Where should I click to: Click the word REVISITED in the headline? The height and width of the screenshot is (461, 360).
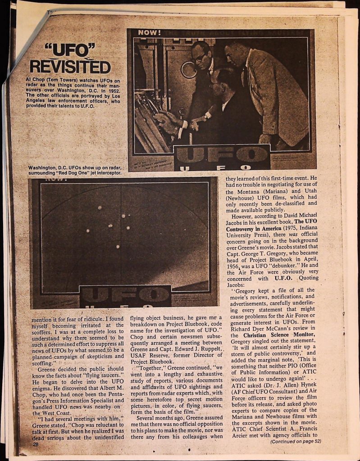pyautogui.click(x=70, y=67)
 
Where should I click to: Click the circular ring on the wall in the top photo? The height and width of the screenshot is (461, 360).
pyautogui.click(x=189, y=69)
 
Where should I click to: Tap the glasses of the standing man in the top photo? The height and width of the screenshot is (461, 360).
pyautogui.click(x=200, y=57)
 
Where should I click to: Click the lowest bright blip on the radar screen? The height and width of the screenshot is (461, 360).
pyautogui.click(x=118, y=247)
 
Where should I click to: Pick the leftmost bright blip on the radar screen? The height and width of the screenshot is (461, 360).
pyautogui.click(x=88, y=230)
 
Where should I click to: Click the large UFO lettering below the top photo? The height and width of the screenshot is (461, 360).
pyautogui.click(x=222, y=156)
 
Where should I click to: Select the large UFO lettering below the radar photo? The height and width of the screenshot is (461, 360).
pyautogui.click(x=125, y=295)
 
